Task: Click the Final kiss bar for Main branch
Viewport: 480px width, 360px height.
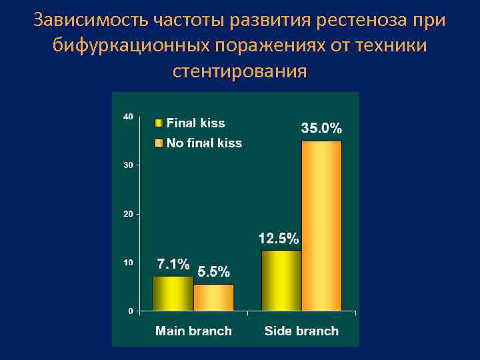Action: (173, 293)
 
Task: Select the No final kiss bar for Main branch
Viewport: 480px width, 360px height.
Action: (213, 297)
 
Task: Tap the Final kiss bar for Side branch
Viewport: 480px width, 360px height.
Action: (281, 280)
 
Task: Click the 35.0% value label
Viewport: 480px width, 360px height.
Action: (321, 128)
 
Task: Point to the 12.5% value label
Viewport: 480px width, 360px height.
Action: (279, 238)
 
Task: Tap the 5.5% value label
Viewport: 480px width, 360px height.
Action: (214, 272)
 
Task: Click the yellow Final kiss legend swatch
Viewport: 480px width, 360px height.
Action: (159, 123)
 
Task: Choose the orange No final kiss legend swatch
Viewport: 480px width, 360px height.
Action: (159, 143)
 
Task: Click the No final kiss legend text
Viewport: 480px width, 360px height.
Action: (204, 143)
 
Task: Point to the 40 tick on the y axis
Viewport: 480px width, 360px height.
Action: (128, 117)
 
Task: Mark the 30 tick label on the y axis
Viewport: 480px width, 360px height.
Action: (128, 165)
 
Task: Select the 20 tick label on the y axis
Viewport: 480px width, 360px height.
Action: (128, 214)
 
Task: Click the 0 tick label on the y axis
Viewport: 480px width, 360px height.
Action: (130, 311)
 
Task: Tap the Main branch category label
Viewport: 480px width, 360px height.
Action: (193, 331)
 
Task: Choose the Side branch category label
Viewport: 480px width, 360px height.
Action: (301, 331)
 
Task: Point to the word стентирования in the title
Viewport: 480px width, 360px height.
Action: (240, 70)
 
